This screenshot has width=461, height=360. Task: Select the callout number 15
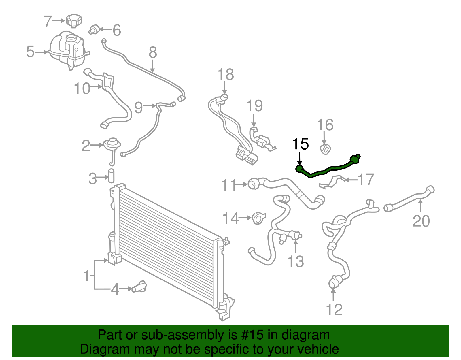(301, 144)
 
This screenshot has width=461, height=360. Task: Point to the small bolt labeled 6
(94, 29)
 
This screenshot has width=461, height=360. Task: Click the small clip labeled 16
(325, 149)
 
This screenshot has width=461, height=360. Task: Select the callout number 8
(153, 53)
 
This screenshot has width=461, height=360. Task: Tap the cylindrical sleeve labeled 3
(111, 176)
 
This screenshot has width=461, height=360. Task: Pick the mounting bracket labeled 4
(139, 287)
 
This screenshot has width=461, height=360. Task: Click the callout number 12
(334, 310)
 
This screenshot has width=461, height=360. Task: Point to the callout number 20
(421, 221)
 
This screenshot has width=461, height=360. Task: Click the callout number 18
(225, 75)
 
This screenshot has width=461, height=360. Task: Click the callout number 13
(296, 261)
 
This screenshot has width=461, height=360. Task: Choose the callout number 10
(82, 88)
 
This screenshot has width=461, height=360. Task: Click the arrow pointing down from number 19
(254, 120)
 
